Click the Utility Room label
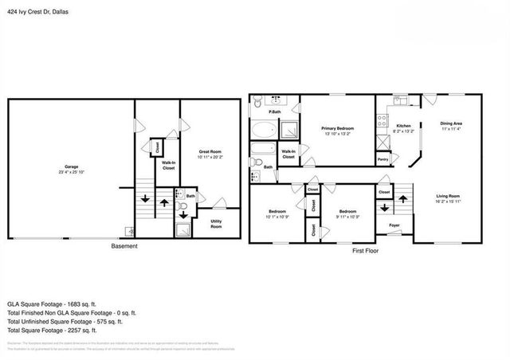coord(216,224)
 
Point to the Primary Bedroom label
coord(337,127)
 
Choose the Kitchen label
coord(403,125)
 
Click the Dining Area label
coord(452,123)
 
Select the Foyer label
coord(394,225)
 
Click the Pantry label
coord(382,159)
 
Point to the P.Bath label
coord(274,112)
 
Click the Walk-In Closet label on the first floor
coord(288,154)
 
